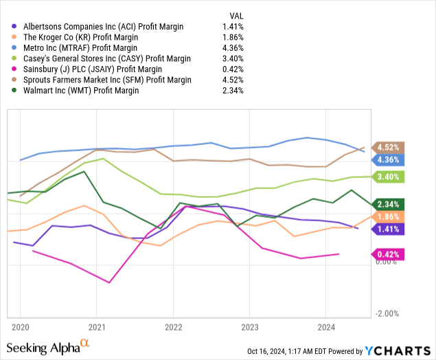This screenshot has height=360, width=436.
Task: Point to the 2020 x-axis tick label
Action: click(x=20, y=327)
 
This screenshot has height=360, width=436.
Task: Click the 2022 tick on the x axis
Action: click(x=173, y=327)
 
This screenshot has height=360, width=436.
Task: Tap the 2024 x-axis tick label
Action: click(x=326, y=327)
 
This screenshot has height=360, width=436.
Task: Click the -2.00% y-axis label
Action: click(x=388, y=314)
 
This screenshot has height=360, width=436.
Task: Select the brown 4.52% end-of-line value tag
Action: click(x=389, y=147)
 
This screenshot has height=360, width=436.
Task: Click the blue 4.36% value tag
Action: click(x=389, y=159)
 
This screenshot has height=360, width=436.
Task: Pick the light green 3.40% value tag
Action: click(x=389, y=177)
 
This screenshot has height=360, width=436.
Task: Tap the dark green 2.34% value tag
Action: click(x=389, y=204)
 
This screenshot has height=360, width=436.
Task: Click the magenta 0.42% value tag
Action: click(x=389, y=254)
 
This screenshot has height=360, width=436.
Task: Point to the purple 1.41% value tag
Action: click(x=389, y=229)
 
